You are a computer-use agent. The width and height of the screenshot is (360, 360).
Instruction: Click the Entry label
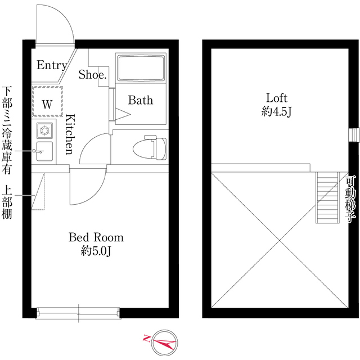(52, 65)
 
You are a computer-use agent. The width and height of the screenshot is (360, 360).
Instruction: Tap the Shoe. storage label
(93, 74)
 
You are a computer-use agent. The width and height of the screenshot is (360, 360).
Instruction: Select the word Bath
(141, 100)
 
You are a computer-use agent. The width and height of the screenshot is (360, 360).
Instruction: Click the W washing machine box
(47, 101)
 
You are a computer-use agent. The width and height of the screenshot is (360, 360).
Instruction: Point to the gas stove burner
(44, 130)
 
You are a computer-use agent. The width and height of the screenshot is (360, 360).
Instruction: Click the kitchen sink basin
(44, 151)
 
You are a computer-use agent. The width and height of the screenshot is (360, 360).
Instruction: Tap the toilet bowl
(150, 147)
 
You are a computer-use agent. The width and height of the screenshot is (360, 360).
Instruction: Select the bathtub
(141, 67)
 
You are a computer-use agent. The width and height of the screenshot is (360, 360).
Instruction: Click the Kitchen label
(70, 134)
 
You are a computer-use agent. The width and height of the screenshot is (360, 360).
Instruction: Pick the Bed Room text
(96, 237)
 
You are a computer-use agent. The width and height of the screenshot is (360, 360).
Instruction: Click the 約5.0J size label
(96, 251)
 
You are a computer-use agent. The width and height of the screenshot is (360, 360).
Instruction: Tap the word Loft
(276, 98)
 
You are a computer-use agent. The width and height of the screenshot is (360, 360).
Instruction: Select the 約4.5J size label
(276, 112)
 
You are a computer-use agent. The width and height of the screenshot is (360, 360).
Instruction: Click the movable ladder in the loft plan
(327, 197)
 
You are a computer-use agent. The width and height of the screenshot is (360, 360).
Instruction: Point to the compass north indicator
(164, 343)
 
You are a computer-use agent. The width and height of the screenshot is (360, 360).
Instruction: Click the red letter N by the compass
(146, 339)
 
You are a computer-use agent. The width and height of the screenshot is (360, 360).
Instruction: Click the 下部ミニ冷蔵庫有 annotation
(7, 130)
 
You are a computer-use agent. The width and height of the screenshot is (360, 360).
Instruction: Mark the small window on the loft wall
(354, 135)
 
